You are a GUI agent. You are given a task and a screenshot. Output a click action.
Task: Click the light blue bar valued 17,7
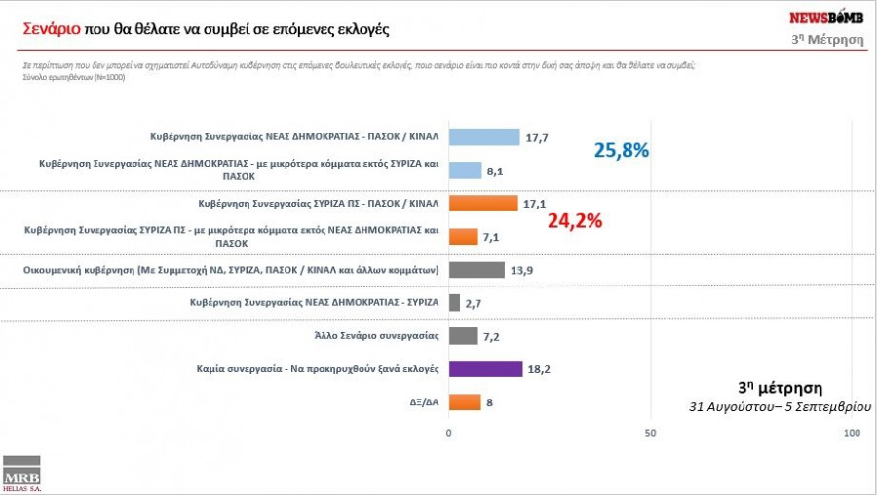pyautogui.click(x=484, y=137)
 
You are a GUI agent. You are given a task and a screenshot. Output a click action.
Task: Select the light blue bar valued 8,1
pyautogui.click(x=465, y=171)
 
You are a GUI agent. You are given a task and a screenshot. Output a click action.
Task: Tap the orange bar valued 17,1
pyautogui.click(x=483, y=204)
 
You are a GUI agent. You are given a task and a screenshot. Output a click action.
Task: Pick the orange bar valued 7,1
pyautogui.click(x=463, y=237)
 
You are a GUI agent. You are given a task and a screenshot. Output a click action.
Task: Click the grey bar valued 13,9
pyautogui.click(x=477, y=270)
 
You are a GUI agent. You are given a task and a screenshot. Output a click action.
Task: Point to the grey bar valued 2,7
pyautogui.click(x=454, y=303)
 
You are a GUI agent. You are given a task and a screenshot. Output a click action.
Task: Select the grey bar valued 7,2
pyautogui.click(x=463, y=336)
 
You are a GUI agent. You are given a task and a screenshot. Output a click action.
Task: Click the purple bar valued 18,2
pyautogui.click(x=485, y=369)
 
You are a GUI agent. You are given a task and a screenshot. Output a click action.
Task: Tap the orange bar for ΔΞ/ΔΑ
pyautogui.click(x=465, y=402)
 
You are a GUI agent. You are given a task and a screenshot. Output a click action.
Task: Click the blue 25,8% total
pyautogui.click(x=622, y=151)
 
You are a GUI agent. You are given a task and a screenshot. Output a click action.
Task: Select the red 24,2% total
pyautogui.click(x=575, y=220)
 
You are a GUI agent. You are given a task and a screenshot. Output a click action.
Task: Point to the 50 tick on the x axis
pyautogui.click(x=650, y=432)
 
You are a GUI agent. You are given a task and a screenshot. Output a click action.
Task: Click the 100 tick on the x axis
pyautogui.click(x=851, y=432)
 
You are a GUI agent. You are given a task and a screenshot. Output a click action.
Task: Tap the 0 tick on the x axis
pyautogui.click(x=449, y=432)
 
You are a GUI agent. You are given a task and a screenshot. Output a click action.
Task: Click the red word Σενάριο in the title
pyautogui.click(x=52, y=29)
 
